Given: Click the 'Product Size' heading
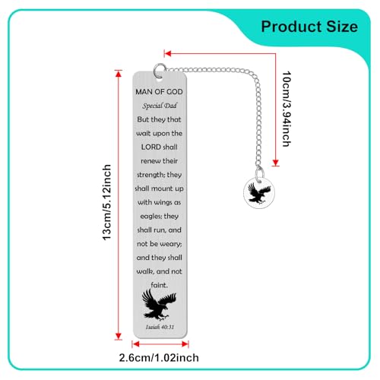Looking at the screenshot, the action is point(309,27).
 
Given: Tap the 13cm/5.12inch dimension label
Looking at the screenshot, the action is point(106,202).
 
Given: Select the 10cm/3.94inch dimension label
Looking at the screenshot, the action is point(287,109).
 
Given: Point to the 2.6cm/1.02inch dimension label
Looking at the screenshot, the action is point(159,358).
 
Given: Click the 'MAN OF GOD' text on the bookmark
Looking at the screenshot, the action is point(159,92).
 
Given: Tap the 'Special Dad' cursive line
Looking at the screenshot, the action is point(160,106).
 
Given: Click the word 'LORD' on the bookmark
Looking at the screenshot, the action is point(151,147).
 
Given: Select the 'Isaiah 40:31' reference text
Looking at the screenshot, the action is point(160,327).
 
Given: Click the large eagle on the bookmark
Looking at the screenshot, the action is point(159,305).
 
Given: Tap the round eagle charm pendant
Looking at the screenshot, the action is point(259,193).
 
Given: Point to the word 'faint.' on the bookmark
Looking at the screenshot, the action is point(160,285).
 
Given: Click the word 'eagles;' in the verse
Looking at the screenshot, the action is point(150,217).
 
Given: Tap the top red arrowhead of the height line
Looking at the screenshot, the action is point(119,74).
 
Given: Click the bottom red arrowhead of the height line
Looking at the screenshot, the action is point(119,336).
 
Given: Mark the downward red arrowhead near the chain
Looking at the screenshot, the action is point(276,163).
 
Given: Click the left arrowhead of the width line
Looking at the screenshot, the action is point(135,344).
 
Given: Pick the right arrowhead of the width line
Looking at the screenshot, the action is point(185,344).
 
